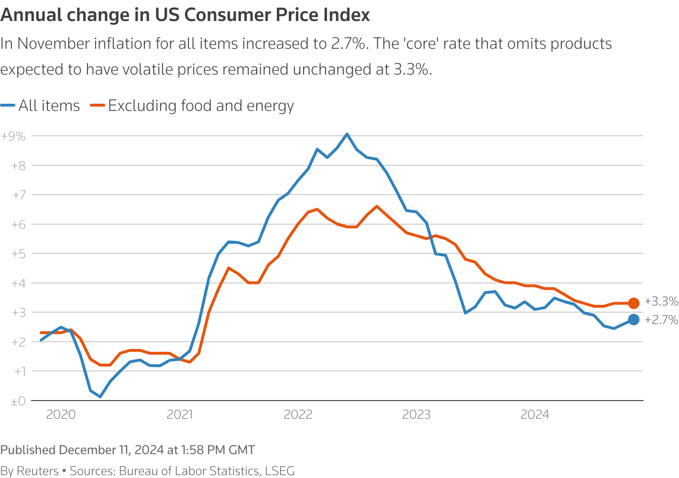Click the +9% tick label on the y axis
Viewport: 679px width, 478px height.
[x=13, y=137]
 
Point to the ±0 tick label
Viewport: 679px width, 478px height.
[x=18, y=402]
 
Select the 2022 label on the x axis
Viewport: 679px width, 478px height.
[x=298, y=414]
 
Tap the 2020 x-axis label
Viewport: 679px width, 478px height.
[x=61, y=414]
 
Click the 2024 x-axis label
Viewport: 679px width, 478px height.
[x=535, y=414]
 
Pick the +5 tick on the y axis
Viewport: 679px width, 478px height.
[x=18, y=254]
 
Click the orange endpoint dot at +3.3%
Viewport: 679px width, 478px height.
[x=634, y=303]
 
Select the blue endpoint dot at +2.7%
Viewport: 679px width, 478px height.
[x=634, y=320]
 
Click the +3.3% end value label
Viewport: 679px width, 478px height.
[x=661, y=302]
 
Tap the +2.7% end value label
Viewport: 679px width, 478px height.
[x=661, y=320]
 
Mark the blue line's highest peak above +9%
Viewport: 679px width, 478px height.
[x=347, y=134]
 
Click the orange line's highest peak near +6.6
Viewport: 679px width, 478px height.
[x=377, y=206]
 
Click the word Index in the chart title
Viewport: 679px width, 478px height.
[x=348, y=15]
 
